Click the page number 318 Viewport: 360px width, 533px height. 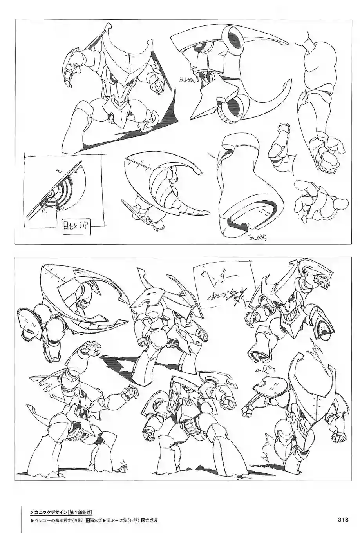click(x=343, y=520)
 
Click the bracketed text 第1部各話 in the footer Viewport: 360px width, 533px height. click(x=80, y=511)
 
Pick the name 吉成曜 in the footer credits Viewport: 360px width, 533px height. click(x=151, y=520)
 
